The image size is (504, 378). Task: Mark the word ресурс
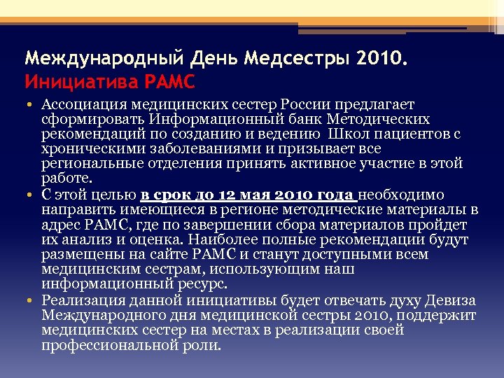202,284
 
